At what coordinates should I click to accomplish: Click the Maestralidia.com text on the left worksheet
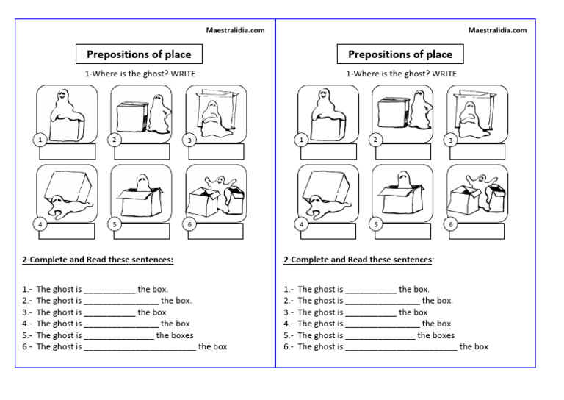tap(236, 30)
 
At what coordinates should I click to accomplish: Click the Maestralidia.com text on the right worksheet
tap(497, 30)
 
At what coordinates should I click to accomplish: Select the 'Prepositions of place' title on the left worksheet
tap(139, 54)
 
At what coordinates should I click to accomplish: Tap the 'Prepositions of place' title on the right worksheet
tap(400, 54)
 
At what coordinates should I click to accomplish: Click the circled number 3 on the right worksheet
tap(451, 140)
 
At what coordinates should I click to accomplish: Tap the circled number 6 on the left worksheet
tap(189, 224)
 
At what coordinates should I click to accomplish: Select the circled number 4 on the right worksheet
tap(301, 224)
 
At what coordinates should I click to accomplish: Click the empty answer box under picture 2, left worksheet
tap(143, 152)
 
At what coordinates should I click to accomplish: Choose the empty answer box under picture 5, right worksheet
tap(405, 232)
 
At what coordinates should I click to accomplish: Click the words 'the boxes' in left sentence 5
tap(175, 335)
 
